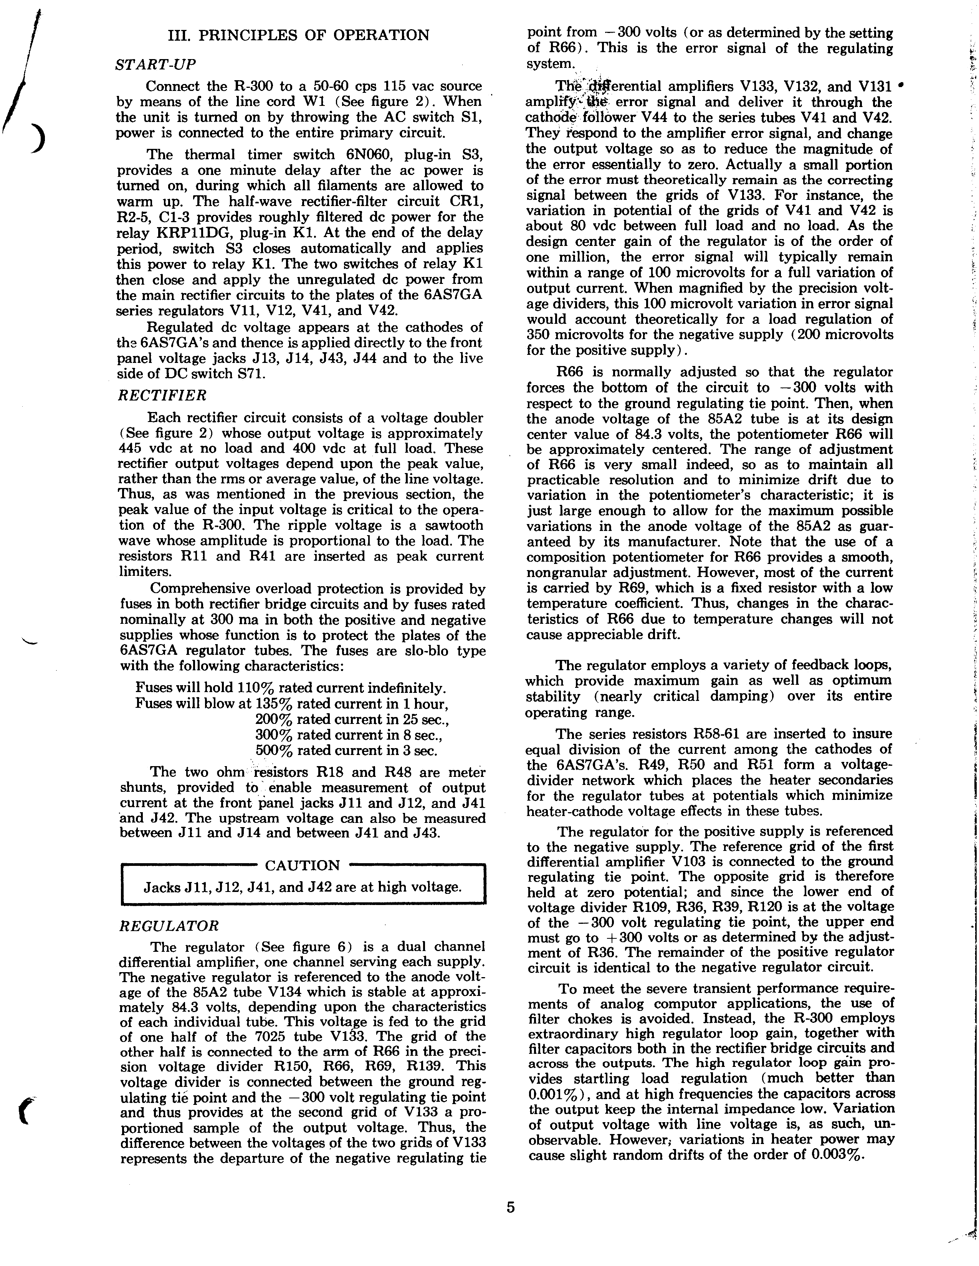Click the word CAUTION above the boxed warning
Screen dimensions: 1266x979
(302, 865)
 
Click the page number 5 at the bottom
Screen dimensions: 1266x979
(510, 1207)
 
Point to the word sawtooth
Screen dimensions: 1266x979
(453, 525)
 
